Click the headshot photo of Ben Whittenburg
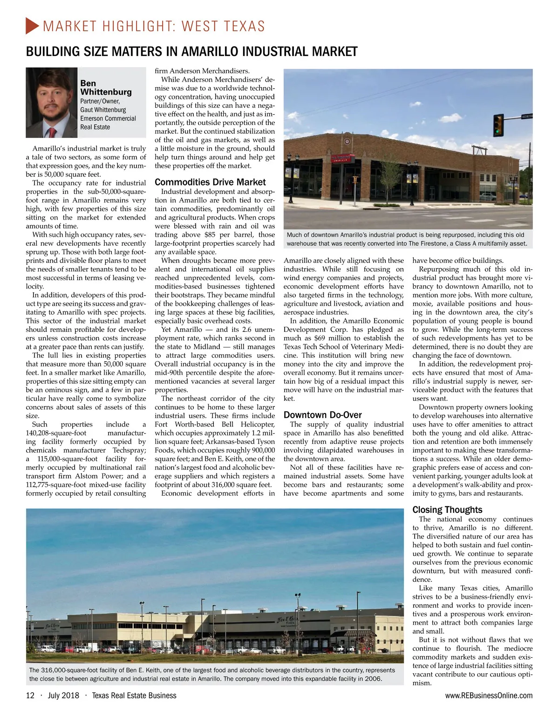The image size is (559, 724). [x=51, y=103]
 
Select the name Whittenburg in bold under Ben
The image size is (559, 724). [x=106, y=92]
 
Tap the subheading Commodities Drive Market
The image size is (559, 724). [x=210, y=182]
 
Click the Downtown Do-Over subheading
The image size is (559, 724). [x=323, y=415]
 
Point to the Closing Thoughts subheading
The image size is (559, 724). [x=447, y=510]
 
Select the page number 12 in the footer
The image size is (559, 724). [x=30, y=696]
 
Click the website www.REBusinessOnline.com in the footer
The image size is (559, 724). [x=489, y=696]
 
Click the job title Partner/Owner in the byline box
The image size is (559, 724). [x=100, y=101]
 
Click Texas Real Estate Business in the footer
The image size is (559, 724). [x=134, y=696]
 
